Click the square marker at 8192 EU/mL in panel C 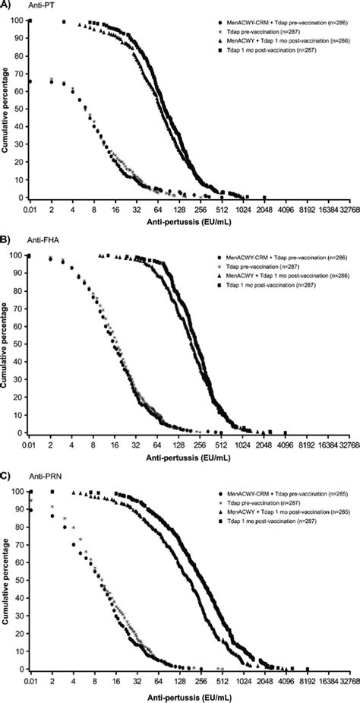(x=308, y=669)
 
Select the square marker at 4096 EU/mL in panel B (x=286, y=432)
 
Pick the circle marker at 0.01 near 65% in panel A (x=30, y=81)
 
